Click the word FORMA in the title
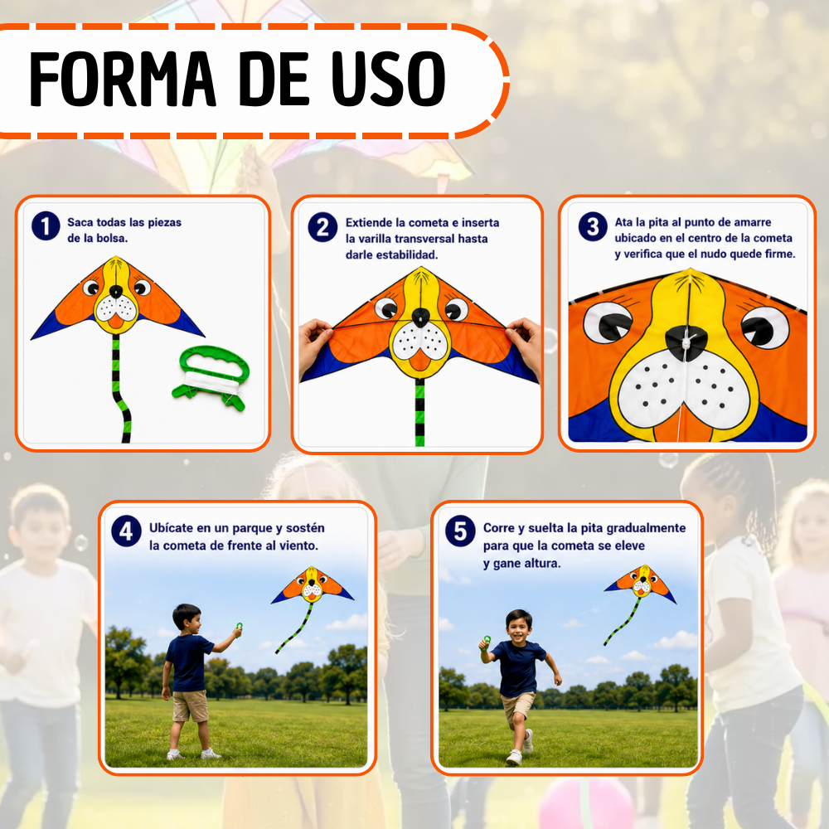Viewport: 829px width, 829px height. [x=123, y=80]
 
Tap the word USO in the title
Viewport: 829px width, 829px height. [x=389, y=80]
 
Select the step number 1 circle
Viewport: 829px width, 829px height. [x=46, y=225]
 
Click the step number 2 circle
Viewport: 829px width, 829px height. [x=322, y=227]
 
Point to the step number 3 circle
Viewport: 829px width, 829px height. [x=593, y=227]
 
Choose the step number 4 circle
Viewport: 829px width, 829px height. [x=126, y=531]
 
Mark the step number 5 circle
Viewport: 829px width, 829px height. [x=460, y=531]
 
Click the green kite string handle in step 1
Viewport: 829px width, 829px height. [x=212, y=377]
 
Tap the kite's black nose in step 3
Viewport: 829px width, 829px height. [x=686, y=341]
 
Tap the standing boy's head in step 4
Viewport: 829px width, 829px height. [x=187, y=618]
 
